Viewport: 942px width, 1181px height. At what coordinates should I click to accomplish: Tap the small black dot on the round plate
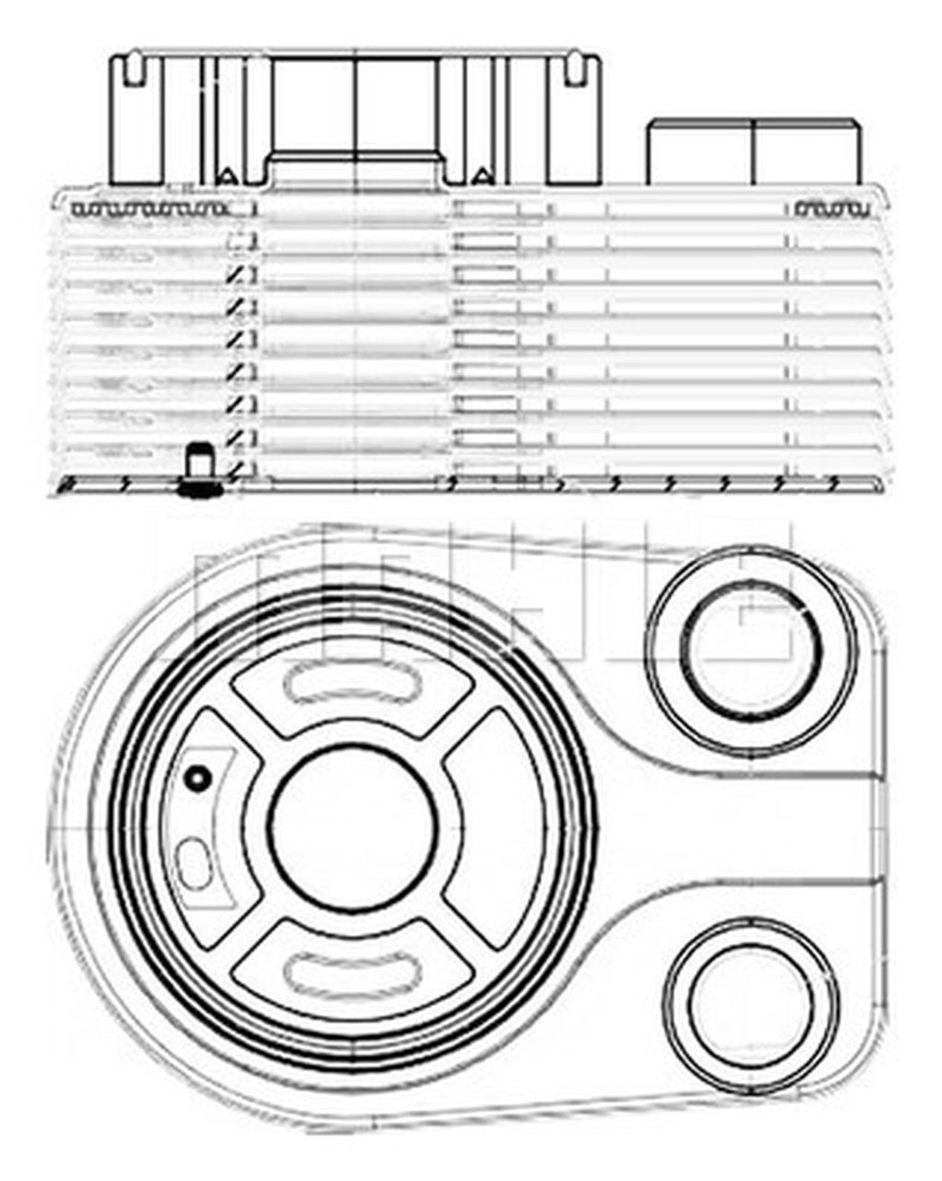(x=196, y=779)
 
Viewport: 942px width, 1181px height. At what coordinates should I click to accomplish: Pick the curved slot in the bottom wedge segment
(x=353, y=970)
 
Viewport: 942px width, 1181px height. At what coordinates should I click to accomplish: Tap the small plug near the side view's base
(x=196, y=469)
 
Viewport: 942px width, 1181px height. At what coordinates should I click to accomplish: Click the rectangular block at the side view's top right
(x=754, y=151)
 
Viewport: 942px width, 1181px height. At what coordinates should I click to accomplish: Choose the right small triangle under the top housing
(x=480, y=175)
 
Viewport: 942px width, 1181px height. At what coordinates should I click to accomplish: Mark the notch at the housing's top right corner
(x=574, y=66)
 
